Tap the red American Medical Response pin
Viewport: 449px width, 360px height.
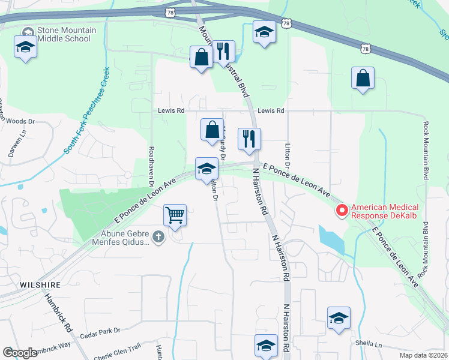point(342,210)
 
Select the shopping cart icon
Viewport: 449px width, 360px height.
point(175,214)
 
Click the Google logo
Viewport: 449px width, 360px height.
point(20,353)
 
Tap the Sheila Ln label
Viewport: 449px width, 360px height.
point(370,345)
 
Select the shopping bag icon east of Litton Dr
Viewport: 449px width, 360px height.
point(363,78)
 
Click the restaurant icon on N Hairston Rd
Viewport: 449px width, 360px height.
point(247,139)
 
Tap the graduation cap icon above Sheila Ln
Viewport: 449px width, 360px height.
point(339,318)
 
